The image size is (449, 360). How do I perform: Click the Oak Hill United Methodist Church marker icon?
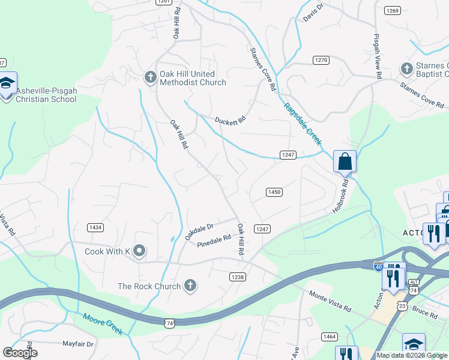point(150,76)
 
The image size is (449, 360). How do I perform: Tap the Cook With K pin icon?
point(139,250)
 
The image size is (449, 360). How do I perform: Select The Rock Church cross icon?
point(190,285)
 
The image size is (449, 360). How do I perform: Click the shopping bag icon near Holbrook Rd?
point(345,161)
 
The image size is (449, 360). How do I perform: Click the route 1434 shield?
point(95,227)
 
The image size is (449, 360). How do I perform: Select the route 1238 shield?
point(237,276)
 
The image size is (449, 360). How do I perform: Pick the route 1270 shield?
point(321,60)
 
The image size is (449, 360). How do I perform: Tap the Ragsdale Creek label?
point(303,124)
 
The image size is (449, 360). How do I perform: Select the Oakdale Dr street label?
point(199,231)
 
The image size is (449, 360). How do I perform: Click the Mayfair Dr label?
point(79,344)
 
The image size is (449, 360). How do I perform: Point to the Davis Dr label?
point(313,12)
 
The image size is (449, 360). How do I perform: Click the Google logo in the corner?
point(20,353)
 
